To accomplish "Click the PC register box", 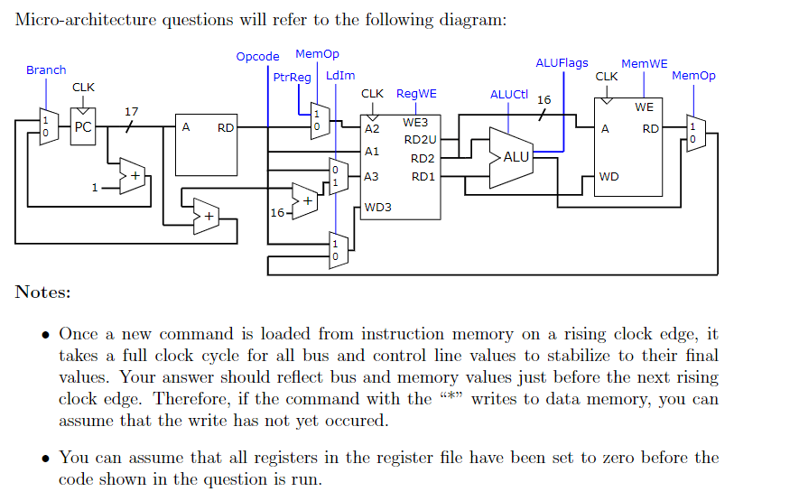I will tap(83, 127).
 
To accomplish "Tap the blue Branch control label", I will tap(45, 70).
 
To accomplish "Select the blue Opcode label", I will tap(257, 56).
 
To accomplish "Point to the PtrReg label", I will tap(292, 77).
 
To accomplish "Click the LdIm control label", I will tap(340, 76).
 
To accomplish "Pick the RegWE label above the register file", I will tap(416, 93).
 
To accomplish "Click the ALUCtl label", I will tap(509, 94).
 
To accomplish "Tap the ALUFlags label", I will tap(562, 62).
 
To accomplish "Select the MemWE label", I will tap(645, 63).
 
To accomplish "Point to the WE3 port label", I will tap(415, 122).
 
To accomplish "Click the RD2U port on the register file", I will tap(420, 140).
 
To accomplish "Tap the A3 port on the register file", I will tap(372, 176).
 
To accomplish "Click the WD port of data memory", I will tap(609, 176).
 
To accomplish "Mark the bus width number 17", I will tap(131, 112).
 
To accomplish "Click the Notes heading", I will tap(42, 292).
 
